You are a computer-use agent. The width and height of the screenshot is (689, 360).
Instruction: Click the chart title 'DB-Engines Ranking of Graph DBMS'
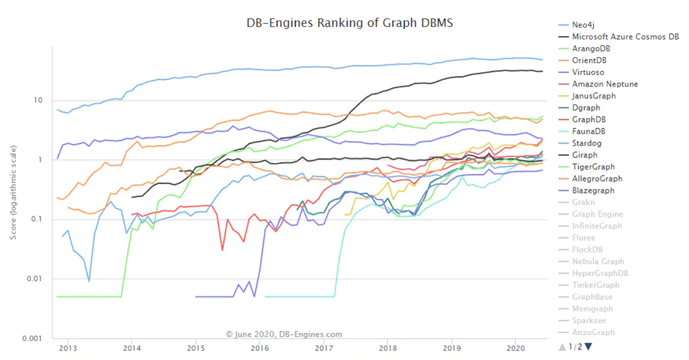[x=349, y=23]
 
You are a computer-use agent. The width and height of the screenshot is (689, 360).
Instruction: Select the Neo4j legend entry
[x=583, y=25]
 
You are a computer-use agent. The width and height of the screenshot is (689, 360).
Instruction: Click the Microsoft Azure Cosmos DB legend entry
[x=625, y=37]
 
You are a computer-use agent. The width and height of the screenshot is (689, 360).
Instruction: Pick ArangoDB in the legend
[x=591, y=49]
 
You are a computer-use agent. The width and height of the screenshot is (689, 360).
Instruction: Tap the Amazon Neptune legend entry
[x=604, y=84]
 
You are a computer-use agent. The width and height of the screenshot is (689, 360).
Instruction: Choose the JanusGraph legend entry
[x=594, y=96]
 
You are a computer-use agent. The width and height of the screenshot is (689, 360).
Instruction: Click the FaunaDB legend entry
[x=589, y=131]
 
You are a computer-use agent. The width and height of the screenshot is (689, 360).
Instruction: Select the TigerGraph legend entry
[x=593, y=167]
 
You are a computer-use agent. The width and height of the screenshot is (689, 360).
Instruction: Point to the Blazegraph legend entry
[x=593, y=190]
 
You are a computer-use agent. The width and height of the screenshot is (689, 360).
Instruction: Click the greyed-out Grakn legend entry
[x=583, y=202]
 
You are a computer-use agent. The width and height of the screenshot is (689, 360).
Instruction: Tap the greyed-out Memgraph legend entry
[x=592, y=309]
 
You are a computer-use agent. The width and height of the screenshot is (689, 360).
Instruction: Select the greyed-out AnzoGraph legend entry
[x=593, y=332]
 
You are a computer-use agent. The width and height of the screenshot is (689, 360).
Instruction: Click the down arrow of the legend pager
[x=588, y=346]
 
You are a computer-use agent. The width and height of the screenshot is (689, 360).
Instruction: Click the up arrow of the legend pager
[x=562, y=346]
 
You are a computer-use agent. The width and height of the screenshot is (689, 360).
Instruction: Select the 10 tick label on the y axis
[x=39, y=100]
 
